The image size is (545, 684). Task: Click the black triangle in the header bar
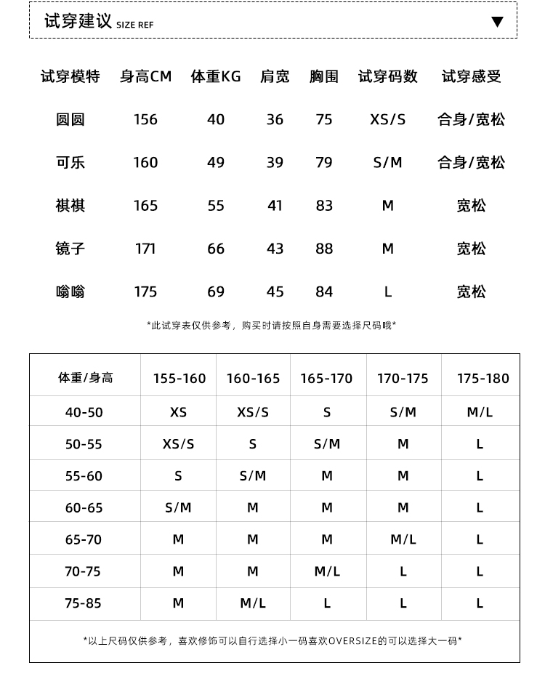tap(497, 22)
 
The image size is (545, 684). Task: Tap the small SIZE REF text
tap(135, 25)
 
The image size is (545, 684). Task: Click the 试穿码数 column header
tap(388, 76)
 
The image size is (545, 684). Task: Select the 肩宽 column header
tap(275, 76)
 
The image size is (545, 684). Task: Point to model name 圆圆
tap(70, 119)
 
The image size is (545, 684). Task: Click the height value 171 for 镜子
tap(145, 249)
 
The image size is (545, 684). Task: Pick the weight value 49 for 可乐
tap(216, 162)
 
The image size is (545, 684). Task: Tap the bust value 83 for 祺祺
tap(324, 206)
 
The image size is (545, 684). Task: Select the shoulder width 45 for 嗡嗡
tap(275, 291)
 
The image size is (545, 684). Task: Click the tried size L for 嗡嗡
tap(388, 291)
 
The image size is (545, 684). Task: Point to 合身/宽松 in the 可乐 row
tap(471, 162)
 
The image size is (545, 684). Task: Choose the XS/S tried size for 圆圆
tap(388, 119)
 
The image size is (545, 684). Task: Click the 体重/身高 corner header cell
tap(85, 378)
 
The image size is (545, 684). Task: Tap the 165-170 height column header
tap(326, 378)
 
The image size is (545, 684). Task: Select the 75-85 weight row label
tap(84, 603)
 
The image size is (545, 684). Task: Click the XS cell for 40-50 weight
tap(178, 412)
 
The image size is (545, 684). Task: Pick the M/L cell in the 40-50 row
tap(480, 412)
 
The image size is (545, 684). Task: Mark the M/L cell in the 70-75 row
tap(327, 571)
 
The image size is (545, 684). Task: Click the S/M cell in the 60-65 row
tap(178, 507)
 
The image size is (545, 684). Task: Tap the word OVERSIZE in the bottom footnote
tap(353, 640)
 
